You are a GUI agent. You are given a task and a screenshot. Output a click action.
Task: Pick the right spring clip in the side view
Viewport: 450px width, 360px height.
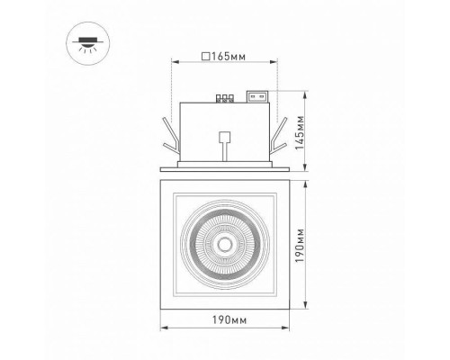(x=281, y=136)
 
